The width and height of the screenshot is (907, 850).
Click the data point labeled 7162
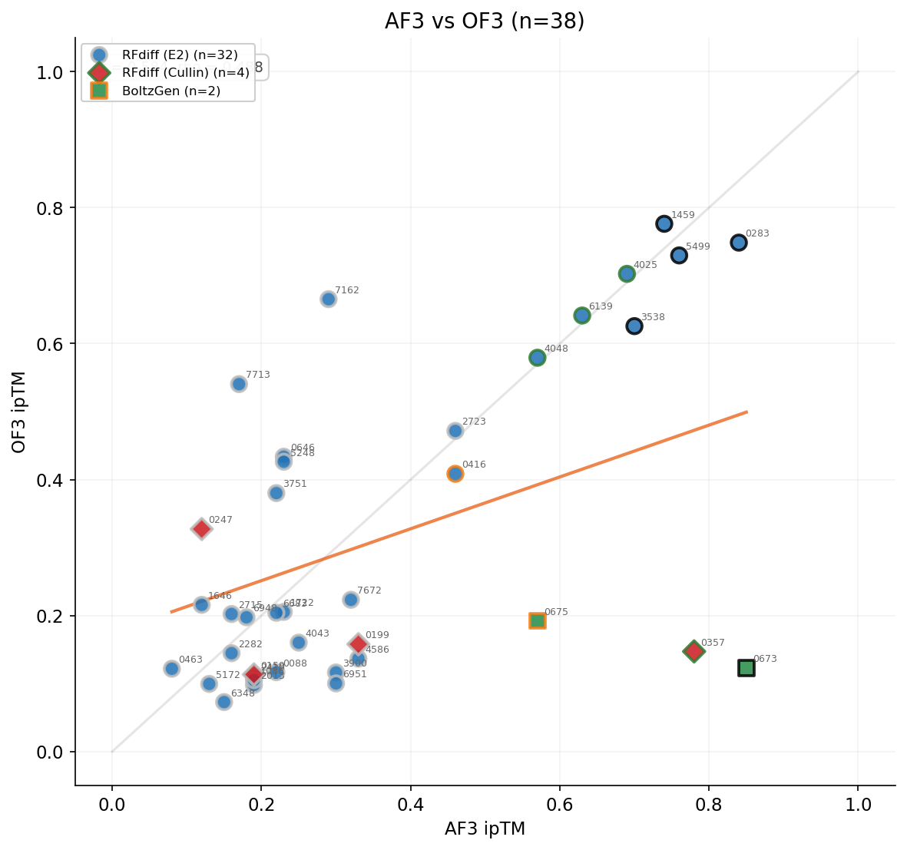point(328,299)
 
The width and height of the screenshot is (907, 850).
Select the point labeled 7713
point(239,384)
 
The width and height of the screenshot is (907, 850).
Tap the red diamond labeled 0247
point(201,528)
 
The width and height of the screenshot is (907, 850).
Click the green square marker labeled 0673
point(746,668)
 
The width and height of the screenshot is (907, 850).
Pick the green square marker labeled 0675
point(537,620)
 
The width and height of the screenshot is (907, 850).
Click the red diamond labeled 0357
point(693,651)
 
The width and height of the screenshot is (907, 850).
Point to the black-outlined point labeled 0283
point(739,243)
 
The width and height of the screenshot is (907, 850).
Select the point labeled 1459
point(664,223)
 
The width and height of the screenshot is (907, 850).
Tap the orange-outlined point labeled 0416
point(455,474)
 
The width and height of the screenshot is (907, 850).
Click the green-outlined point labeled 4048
point(537,358)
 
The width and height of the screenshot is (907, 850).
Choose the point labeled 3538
point(634,326)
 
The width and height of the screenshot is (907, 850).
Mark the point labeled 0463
point(172,669)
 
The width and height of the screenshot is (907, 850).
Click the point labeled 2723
point(455,431)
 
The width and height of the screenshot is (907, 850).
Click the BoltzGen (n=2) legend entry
point(170,91)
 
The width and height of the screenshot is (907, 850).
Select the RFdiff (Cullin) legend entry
point(184,72)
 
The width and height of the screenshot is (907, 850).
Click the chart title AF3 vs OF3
point(485,21)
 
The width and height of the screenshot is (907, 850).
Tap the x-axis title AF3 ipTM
point(485,829)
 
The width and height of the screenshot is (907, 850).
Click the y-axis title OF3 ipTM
point(19,412)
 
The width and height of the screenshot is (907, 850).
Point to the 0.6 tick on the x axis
point(560,805)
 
